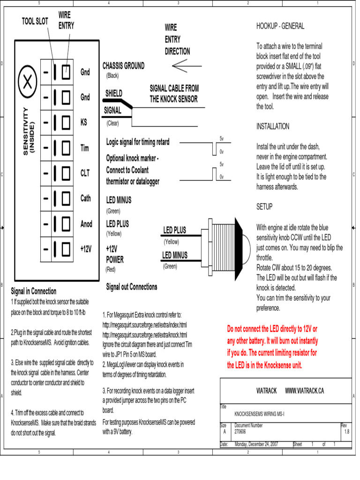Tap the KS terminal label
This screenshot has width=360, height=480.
coord(84,122)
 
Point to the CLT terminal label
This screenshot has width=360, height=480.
coord(85,173)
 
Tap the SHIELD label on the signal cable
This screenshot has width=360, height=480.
coord(114,93)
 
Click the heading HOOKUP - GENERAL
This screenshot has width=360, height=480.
coord(280,26)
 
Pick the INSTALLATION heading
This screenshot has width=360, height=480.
coord(273,127)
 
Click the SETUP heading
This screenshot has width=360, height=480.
coord(264,207)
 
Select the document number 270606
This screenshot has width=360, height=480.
coord(240,431)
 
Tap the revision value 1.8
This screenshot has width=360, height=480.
coord(347,431)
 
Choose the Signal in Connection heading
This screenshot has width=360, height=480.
coord(34,291)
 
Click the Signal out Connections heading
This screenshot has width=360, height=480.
coord(132,286)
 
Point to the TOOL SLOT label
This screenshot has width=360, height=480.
coord(35,21)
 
